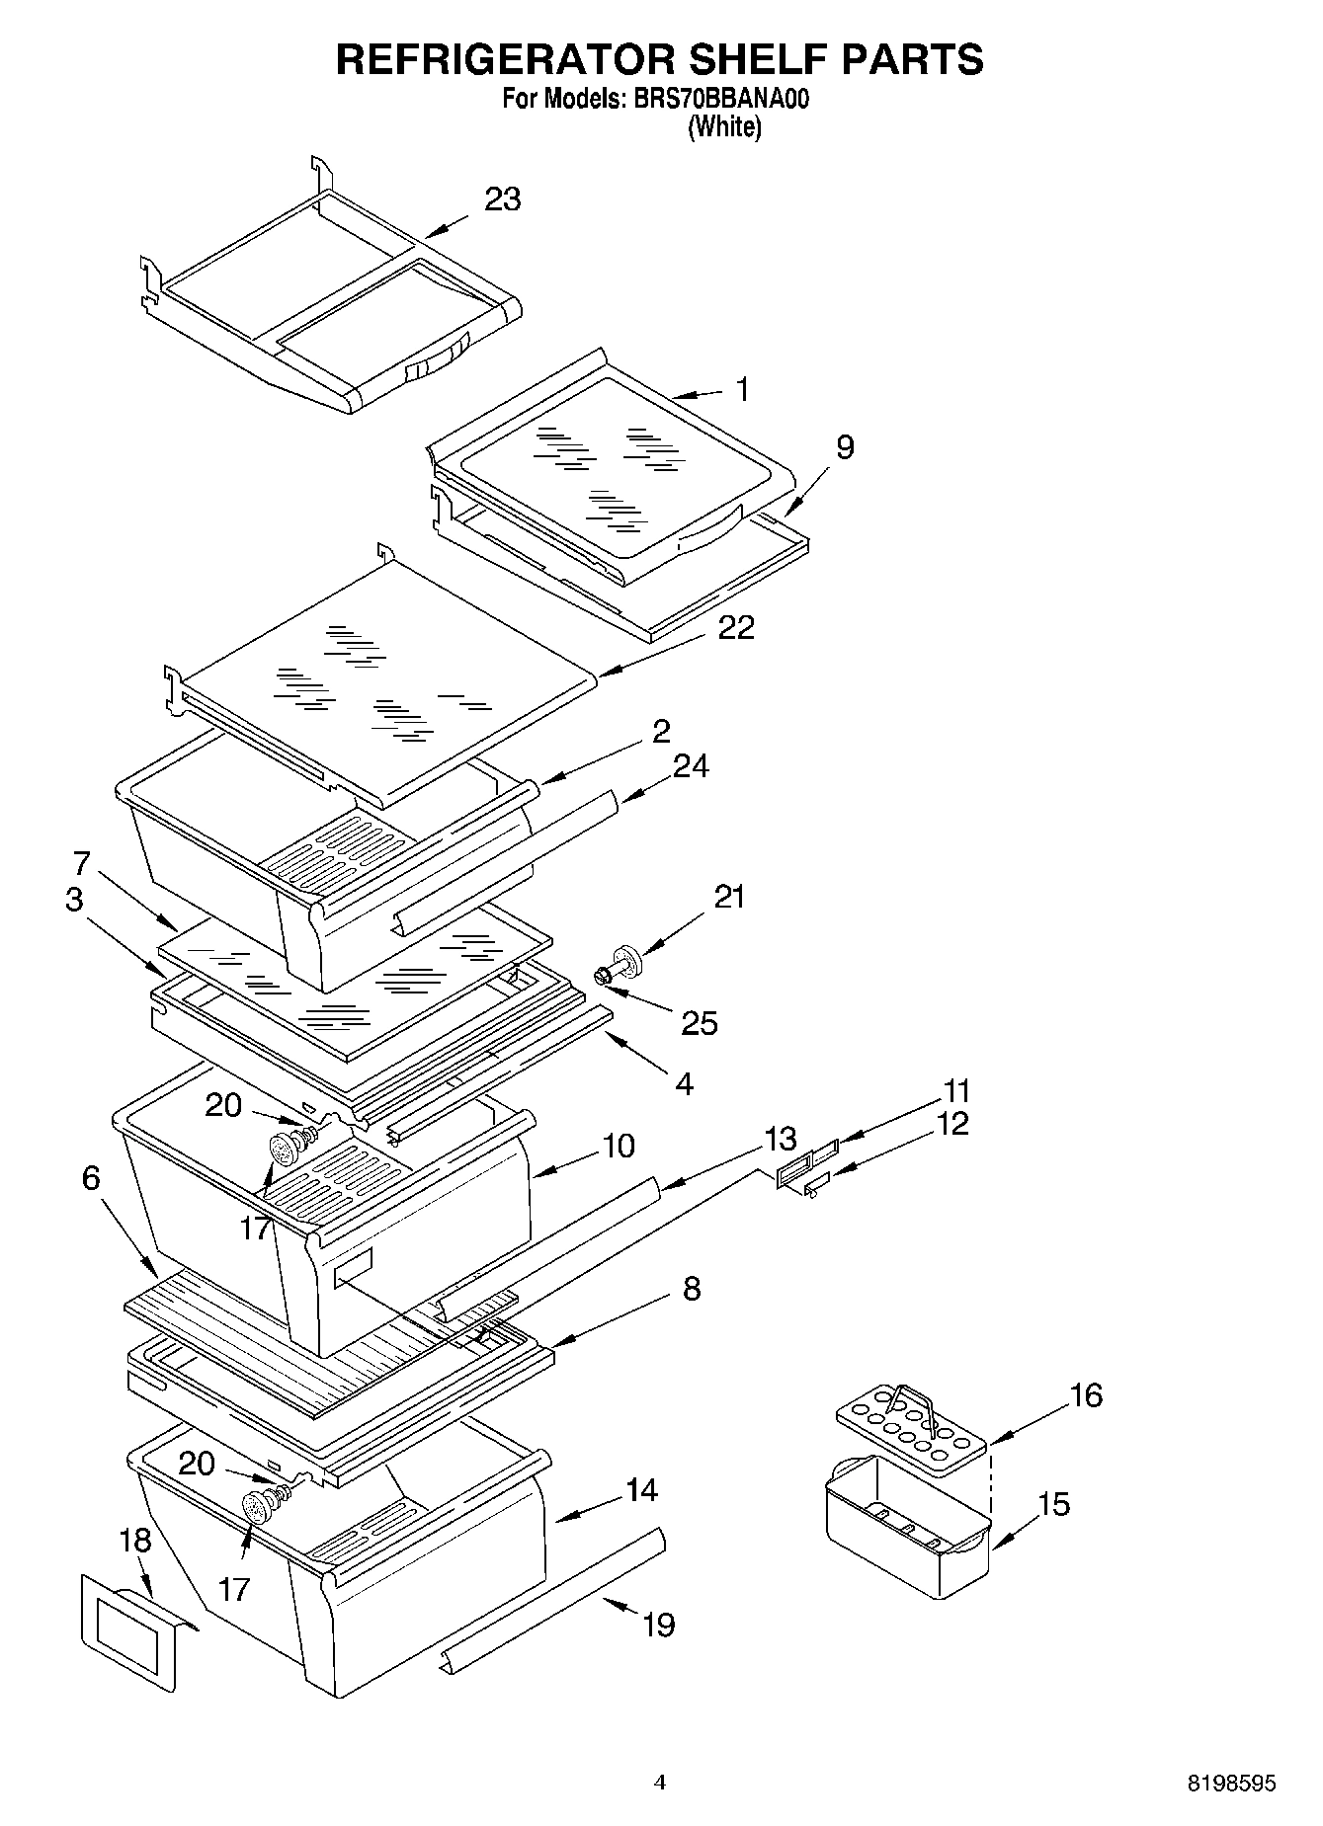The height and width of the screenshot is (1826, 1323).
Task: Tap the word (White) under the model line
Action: click(x=724, y=126)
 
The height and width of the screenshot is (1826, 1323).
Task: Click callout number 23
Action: click(x=502, y=199)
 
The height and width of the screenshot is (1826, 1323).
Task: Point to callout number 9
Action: click(x=844, y=447)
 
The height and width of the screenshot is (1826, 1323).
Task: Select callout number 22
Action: click(x=736, y=628)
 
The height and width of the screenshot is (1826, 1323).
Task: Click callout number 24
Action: click(x=690, y=766)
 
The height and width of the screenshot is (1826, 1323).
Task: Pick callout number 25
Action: click(x=699, y=1023)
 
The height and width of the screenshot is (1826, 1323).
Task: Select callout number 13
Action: click(x=781, y=1139)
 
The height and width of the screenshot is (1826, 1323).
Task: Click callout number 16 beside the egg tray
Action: click(x=1086, y=1395)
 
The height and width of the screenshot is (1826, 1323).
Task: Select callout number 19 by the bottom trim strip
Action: click(x=659, y=1625)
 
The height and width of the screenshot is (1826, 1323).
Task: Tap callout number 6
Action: click(x=91, y=1178)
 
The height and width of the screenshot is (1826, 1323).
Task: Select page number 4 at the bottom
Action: click(x=660, y=1783)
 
